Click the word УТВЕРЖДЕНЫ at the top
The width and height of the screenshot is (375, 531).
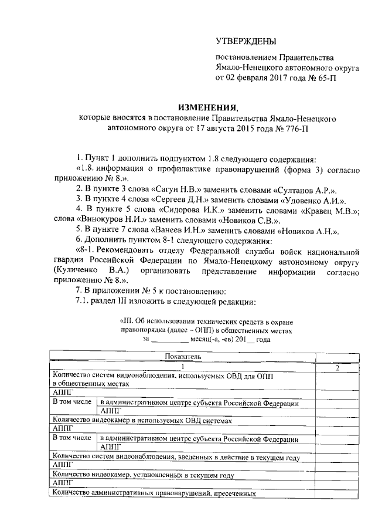coord(244,41)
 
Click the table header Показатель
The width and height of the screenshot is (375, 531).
coord(182,356)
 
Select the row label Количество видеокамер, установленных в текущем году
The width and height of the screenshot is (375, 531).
coord(143,473)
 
